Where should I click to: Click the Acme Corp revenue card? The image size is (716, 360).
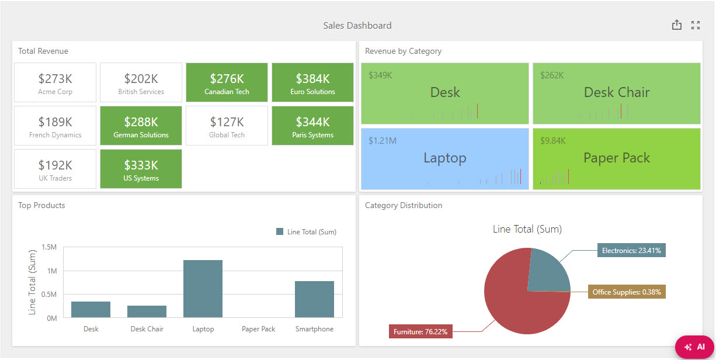click(55, 82)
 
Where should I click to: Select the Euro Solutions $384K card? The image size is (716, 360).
click(312, 82)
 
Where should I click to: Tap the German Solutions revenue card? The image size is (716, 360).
click(141, 126)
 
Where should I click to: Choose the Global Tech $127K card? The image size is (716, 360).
click(227, 126)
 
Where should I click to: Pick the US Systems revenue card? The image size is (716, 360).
click(141, 169)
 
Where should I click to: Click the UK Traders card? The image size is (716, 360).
click(55, 169)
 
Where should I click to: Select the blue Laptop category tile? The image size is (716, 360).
click(444, 159)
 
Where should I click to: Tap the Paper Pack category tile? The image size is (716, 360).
click(616, 159)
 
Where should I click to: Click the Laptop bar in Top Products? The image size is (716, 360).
click(203, 289)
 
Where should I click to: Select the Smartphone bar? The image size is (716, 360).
click(314, 299)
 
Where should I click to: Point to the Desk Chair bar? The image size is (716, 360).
click(147, 311)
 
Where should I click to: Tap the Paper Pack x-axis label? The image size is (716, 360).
click(258, 329)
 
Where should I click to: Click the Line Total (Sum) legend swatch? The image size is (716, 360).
click(280, 232)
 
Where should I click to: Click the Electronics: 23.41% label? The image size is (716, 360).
click(631, 251)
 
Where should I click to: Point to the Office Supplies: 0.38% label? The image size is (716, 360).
click(627, 292)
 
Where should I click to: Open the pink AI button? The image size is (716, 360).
click(694, 347)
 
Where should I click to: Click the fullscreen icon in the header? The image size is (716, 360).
click(695, 25)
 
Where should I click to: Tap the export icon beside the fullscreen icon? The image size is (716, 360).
click(676, 25)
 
